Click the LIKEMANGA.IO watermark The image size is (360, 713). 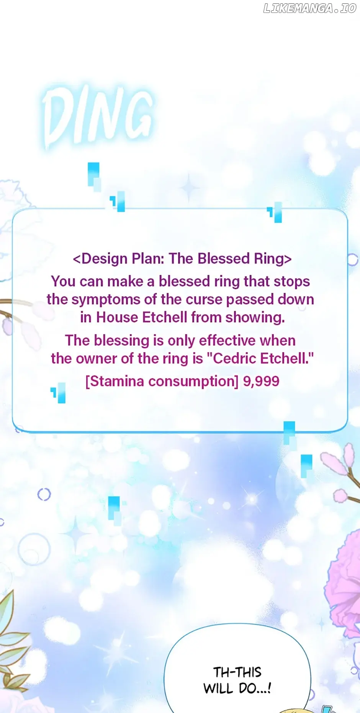tap(310, 8)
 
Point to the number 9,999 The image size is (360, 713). tap(261, 382)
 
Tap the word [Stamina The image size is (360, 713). tap(115, 382)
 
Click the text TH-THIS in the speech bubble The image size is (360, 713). tap(237, 672)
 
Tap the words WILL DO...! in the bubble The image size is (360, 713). tap(237, 688)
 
